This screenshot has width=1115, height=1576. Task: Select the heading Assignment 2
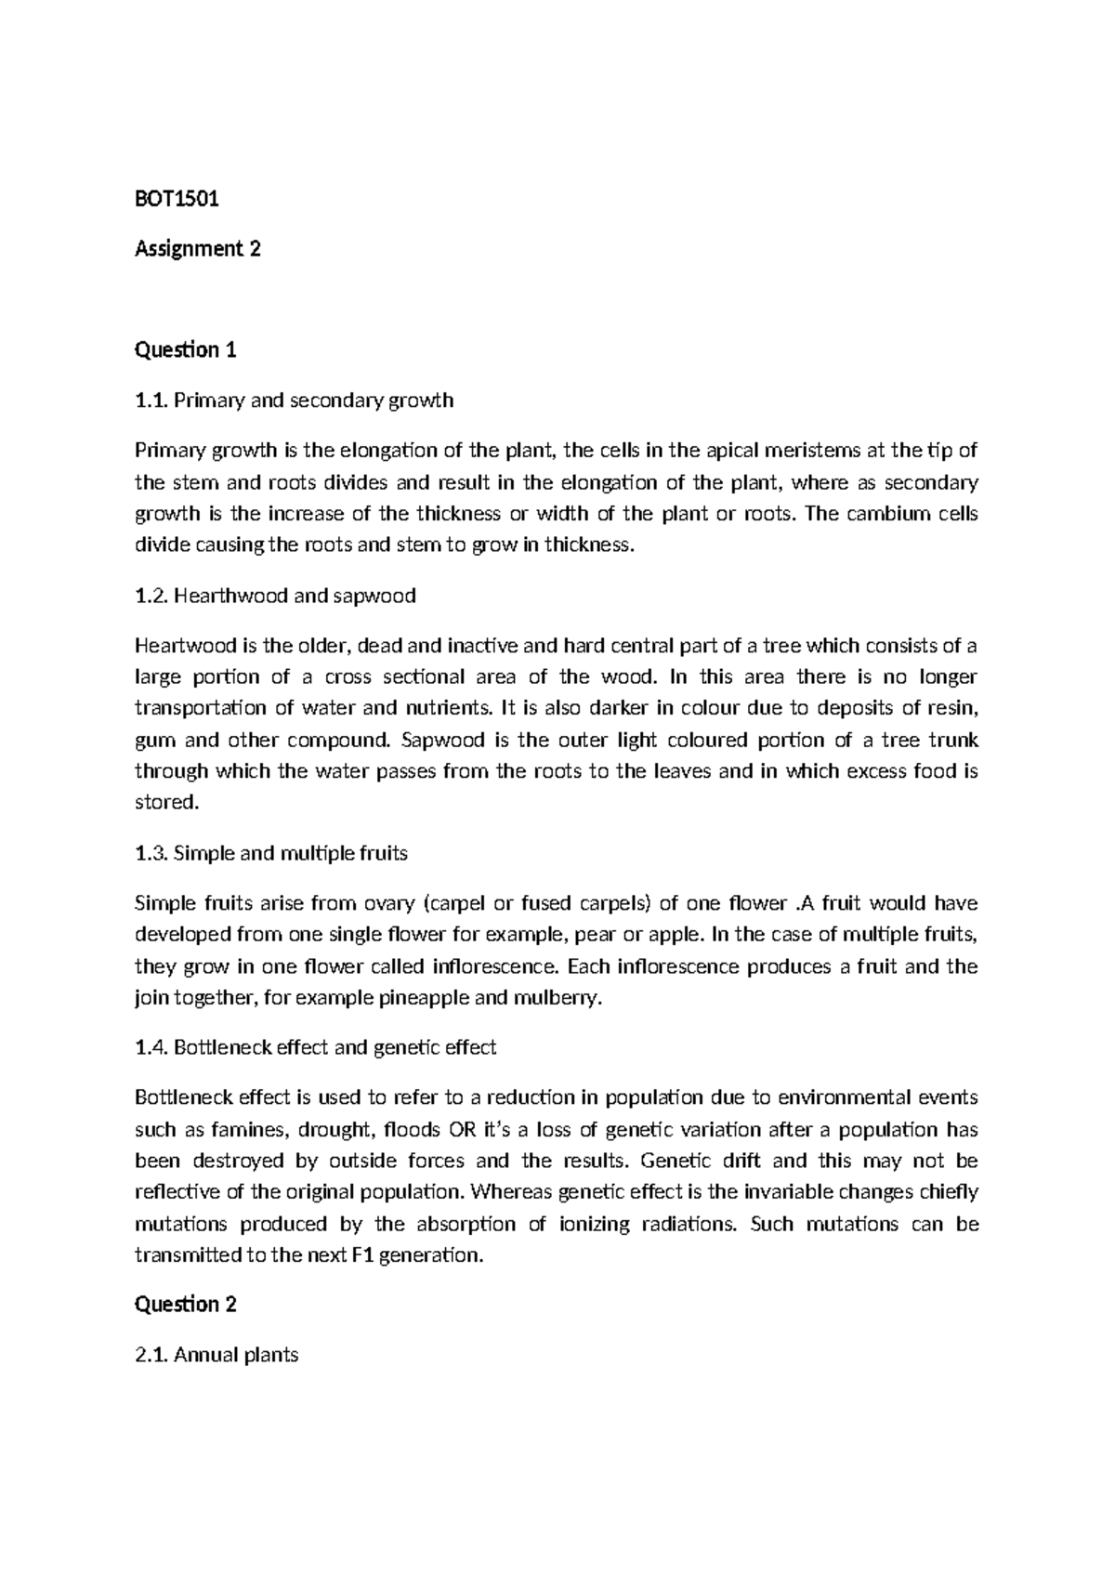click(x=198, y=249)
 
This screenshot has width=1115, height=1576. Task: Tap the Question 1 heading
click(x=186, y=350)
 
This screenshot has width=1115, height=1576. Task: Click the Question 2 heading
click(x=186, y=1305)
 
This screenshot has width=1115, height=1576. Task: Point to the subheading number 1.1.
click(x=151, y=401)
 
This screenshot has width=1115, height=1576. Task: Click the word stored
click(x=166, y=802)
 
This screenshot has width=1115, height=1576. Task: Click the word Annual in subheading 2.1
click(x=205, y=1355)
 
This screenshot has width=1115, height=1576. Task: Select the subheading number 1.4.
click(x=151, y=1048)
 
